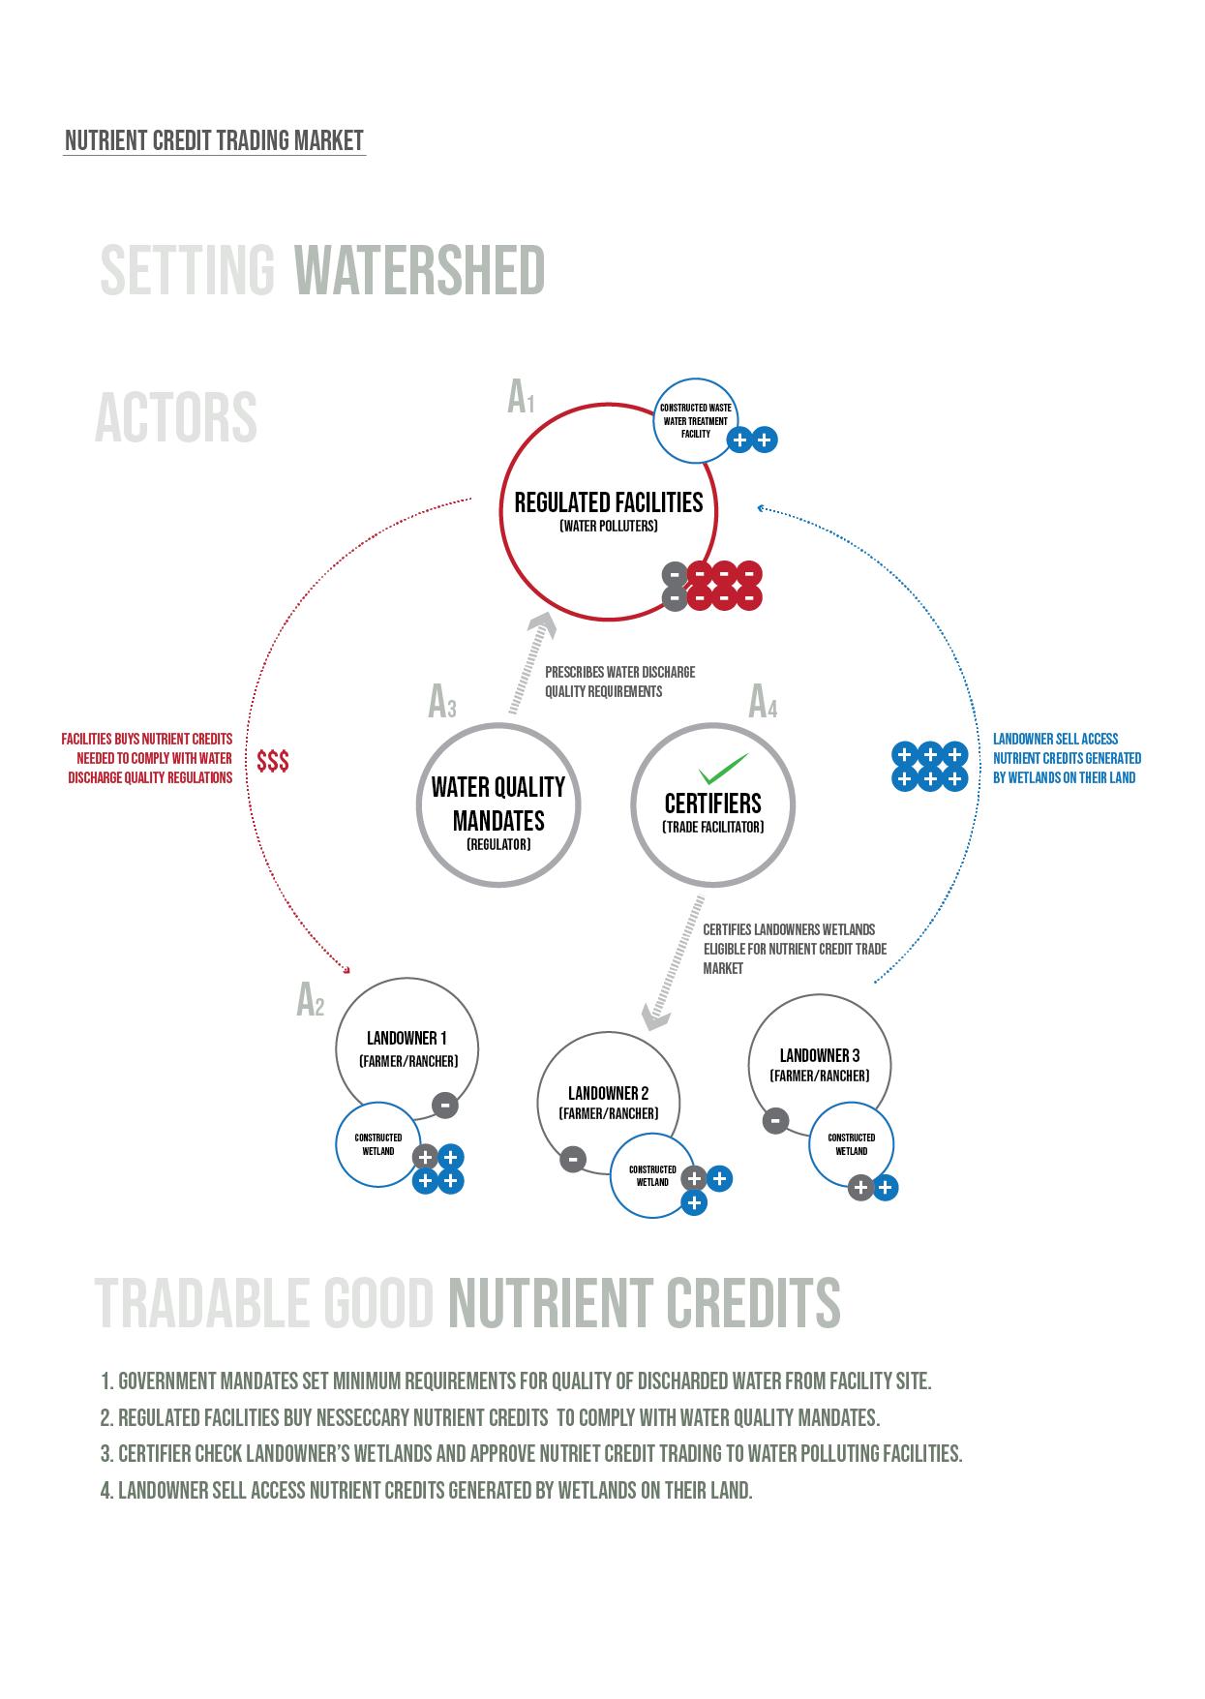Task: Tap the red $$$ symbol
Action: click(273, 762)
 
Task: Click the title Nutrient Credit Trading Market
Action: click(214, 141)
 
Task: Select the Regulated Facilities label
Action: click(609, 503)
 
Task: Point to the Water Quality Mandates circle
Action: click(498, 804)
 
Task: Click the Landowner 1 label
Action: click(407, 1039)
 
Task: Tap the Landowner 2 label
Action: click(608, 1093)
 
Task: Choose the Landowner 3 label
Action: click(819, 1055)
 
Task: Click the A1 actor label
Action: click(521, 398)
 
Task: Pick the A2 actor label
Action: click(310, 1001)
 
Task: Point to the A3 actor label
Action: click(441, 703)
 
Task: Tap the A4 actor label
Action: click(763, 703)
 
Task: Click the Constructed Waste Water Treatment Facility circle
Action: click(696, 421)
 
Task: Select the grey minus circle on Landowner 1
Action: click(444, 1105)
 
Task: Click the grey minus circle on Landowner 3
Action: click(775, 1121)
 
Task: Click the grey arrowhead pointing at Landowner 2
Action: click(655, 1017)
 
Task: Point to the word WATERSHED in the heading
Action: click(419, 270)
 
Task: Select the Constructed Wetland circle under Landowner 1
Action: click(378, 1144)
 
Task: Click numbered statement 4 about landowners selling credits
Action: click(426, 1490)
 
